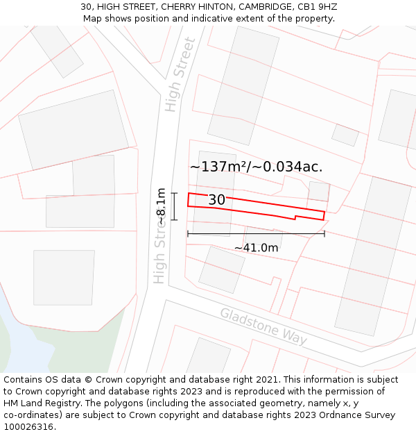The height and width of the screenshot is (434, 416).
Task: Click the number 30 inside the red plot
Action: [216, 200]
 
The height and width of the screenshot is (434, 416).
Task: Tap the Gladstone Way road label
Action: [263, 326]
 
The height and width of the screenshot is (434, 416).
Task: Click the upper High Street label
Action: [180, 75]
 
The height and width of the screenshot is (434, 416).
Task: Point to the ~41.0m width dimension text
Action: [256, 248]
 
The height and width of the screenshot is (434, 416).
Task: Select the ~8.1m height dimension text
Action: [161, 206]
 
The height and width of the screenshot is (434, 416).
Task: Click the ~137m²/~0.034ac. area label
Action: [256, 167]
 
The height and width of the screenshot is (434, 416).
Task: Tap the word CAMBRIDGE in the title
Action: [259, 7]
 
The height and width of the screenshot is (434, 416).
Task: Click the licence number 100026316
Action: [28, 426]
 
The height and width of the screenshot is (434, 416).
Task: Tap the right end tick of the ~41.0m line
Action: [324, 233]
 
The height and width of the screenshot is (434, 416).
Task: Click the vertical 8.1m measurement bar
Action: [174, 206]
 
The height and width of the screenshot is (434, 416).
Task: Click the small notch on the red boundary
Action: [296, 217]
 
